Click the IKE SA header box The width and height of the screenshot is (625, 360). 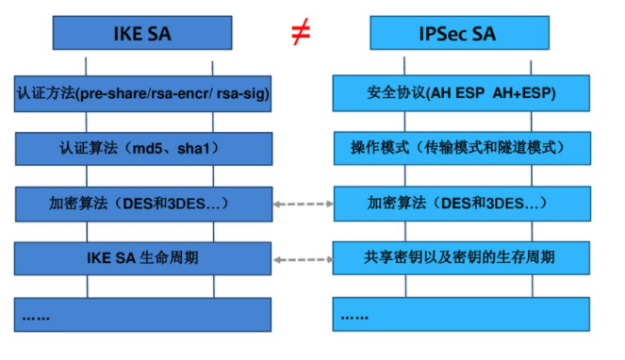coord(146,36)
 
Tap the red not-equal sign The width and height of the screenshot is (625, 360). coord(301,34)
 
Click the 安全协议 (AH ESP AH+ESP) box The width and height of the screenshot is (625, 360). coord(462,94)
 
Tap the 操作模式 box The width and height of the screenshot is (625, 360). coord(462,149)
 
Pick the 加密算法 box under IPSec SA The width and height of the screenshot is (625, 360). coord(462,204)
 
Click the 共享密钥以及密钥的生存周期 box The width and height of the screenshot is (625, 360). coord(462,257)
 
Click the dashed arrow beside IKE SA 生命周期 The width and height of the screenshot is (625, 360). coord(303,257)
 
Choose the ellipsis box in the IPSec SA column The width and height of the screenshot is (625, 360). coord(462,313)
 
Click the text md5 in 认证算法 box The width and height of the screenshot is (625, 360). coord(149,149)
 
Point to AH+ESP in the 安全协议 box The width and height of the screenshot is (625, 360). coord(523,94)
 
